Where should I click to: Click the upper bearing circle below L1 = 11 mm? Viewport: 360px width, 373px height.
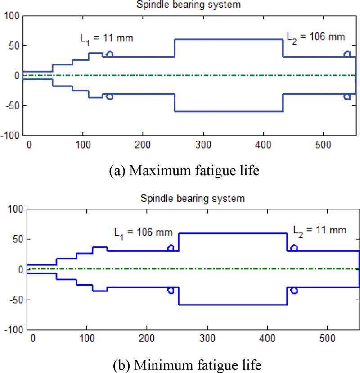(x=109, y=55)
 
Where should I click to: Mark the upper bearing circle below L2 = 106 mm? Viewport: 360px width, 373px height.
(x=347, y=55)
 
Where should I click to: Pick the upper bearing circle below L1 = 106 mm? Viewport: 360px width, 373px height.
(x=171, y=248)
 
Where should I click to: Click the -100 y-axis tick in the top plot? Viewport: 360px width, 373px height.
(x=11, y=136)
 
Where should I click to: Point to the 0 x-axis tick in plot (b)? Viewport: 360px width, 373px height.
(x=31, y=337)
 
